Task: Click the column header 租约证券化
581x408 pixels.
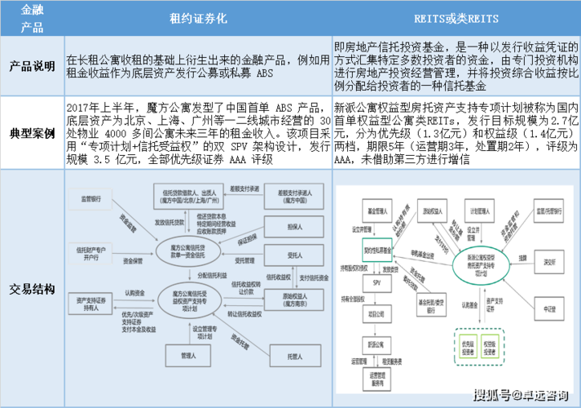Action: point(199,18)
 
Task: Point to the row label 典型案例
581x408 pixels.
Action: point(33,132)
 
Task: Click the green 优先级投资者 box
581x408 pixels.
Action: point(468,343)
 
